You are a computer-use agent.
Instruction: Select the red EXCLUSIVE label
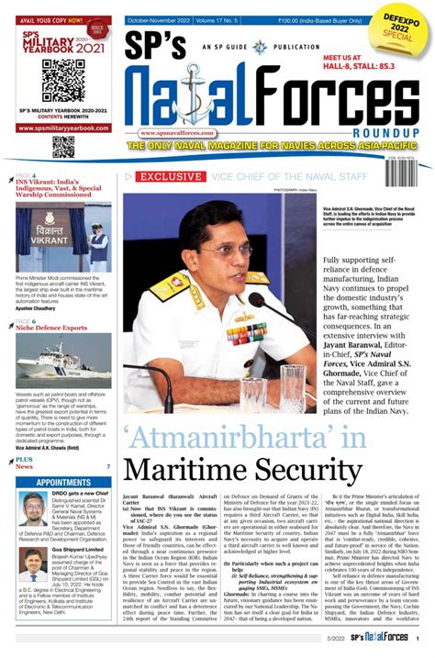point(173,175)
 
